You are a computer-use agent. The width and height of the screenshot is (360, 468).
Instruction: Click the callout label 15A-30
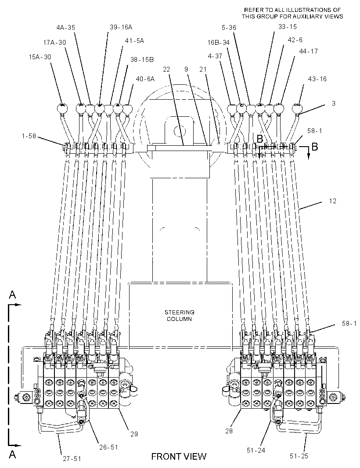pyautogui.click(x=40, y=57)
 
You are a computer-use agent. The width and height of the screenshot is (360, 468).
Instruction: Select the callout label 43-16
pyautogui.click(x=317, y=79)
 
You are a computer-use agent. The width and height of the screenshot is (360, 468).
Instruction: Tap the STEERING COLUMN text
pyautogui.click(x=180, y=316)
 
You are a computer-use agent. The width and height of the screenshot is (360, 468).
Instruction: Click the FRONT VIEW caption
pyautogui.click(x=179, y=456)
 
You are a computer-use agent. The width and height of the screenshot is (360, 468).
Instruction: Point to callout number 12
pyautogui.click(x=332, y=201)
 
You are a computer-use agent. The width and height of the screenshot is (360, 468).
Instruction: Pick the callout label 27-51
pyautogui.click(x=72, y=458)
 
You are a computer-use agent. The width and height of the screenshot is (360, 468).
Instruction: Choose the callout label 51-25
pyautogui.click(x=299, y=456)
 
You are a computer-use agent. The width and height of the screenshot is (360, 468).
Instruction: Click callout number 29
pyautogui.click(x=134, y=434)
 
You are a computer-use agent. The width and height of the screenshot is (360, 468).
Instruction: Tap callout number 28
pyautogui.click(x=229, y=431)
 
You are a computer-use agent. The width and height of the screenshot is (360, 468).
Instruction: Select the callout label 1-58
pyautogui.click(x=29, y=136)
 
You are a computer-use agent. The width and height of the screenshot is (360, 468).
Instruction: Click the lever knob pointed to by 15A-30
pyautogui.click(x=63, y=108)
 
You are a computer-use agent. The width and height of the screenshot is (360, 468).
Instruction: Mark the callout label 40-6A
pyautogui.click(x=145, y=79)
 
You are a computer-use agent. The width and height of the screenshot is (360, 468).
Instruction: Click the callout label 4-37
pyautogui.click(x=215, y=56)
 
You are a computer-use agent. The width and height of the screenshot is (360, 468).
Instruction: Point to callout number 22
pyautogui.click(x=166, y=69)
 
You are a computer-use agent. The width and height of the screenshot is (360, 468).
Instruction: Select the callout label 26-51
pyautogui.click(x=108, y=447)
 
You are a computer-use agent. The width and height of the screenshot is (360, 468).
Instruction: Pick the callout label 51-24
pyautogui.click(x=256, y=450)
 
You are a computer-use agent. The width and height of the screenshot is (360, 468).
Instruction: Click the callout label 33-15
pyautogui.click(x=288, y=27)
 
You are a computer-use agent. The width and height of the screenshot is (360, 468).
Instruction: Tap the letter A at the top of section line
pyautogui.click(x=12, y=295)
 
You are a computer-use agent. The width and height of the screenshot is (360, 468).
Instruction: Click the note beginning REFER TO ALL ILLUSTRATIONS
pyautogui.click(x=292, y=14)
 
